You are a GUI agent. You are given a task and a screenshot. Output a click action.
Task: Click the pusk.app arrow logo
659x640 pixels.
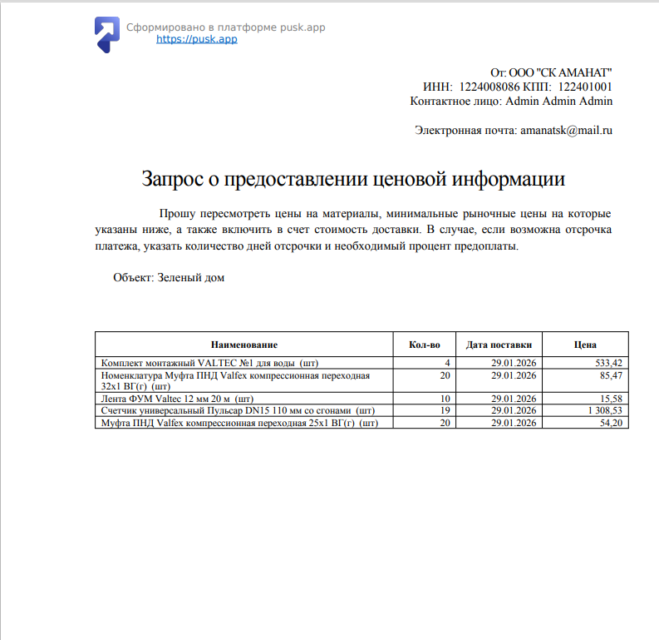pos(106,33)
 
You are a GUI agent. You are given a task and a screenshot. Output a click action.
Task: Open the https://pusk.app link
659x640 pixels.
pos(196,39)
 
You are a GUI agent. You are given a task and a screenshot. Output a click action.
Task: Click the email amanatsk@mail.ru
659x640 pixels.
pos(566,130)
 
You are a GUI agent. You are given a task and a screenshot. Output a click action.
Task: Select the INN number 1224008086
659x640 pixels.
pos(489,87)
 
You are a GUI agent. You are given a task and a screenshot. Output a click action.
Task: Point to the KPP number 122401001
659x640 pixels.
pos(585,87)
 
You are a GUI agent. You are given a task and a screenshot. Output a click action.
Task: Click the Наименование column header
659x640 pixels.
pos(243,345)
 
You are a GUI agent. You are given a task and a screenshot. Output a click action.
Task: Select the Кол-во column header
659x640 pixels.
pos(425,345)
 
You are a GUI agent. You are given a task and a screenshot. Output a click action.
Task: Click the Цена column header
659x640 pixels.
pos(585,345)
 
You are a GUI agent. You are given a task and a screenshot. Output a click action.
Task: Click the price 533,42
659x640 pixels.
pos(608,363)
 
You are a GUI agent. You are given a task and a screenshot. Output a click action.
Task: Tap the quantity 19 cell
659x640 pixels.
pos(444,411)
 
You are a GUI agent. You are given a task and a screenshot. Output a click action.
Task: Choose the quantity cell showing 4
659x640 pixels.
pos(447,363)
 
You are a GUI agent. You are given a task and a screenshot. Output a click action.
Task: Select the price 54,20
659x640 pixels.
pos(611,423)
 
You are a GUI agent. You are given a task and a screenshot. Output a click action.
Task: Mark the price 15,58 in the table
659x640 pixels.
pos(611,399)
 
